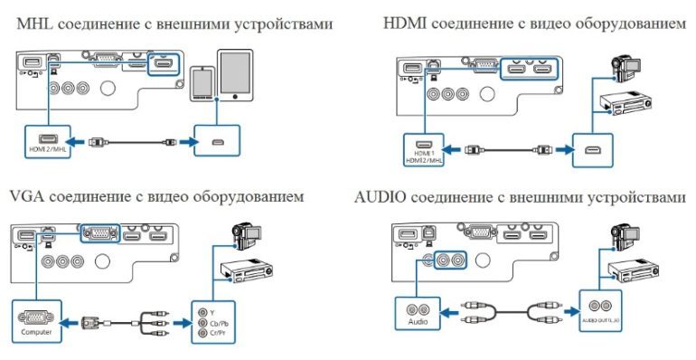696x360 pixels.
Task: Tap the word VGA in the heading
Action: click(x=27, y=196)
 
